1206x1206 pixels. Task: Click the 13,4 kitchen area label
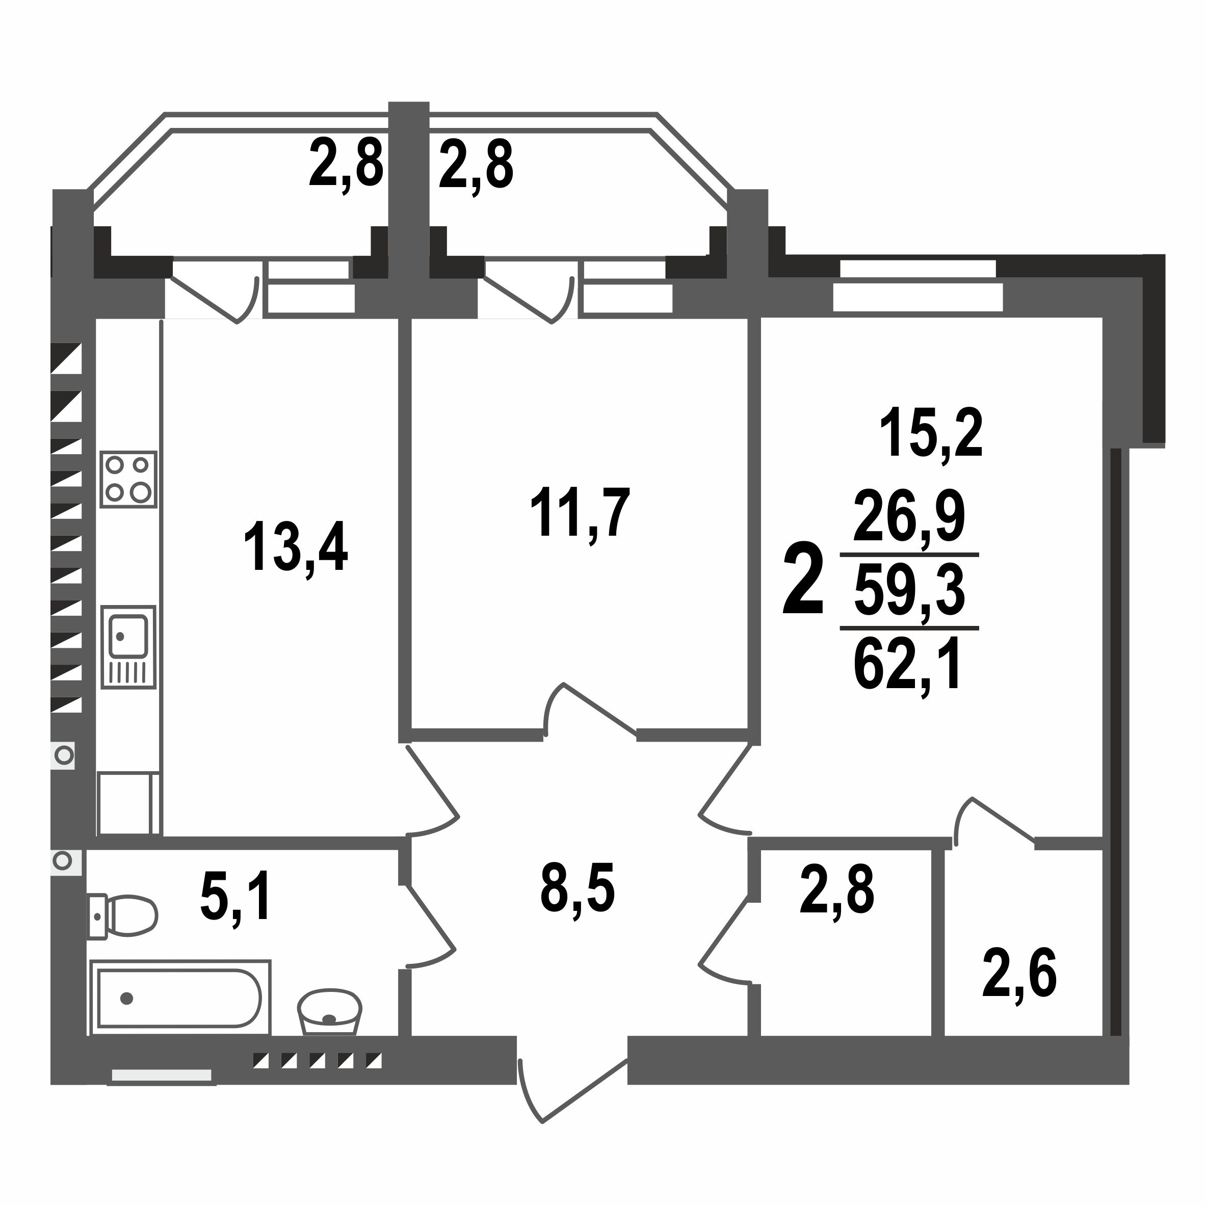point(295,547)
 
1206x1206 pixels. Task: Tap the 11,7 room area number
point(580,513)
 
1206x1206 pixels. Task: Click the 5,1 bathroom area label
point(236,897)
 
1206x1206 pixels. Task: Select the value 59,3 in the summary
point(909,593)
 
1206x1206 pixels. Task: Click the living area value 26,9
point(909,516)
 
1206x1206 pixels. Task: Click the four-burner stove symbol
point(128,480)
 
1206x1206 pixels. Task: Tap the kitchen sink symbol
point(128,647)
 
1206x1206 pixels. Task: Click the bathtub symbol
point(180,998)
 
